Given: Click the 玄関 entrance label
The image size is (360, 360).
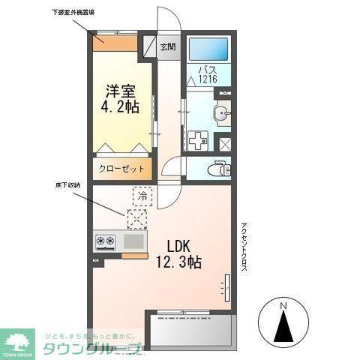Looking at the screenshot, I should point(168,46).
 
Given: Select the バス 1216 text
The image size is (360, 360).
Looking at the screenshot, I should point(208,74).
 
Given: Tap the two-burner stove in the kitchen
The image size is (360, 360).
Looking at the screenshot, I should point(104,241).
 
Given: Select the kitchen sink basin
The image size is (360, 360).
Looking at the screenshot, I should point(133,241).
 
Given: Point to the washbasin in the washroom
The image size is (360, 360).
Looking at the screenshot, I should point(222,115).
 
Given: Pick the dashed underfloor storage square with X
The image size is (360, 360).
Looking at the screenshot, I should point(137,219).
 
